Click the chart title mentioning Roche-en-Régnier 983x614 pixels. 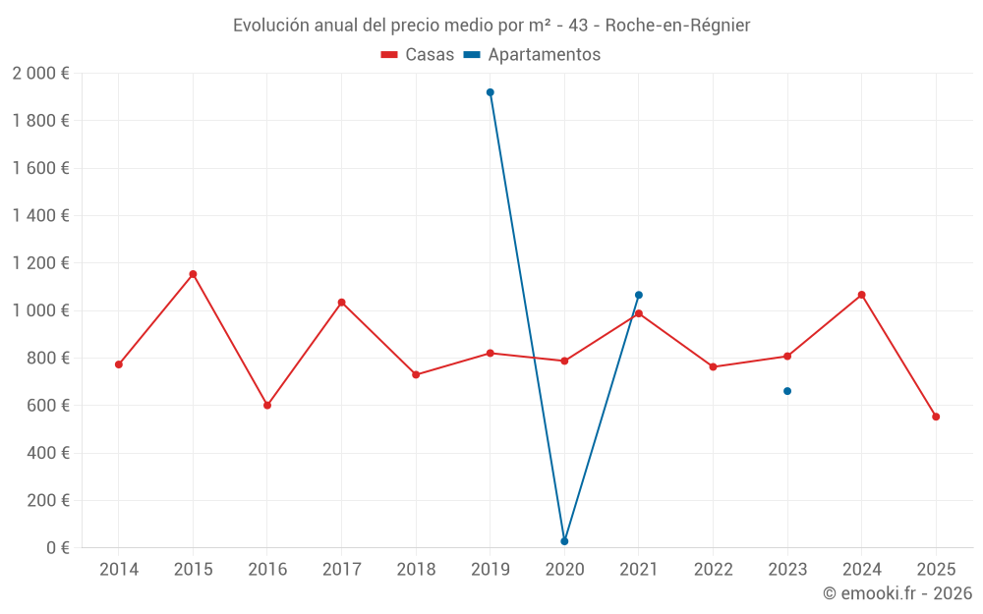pyautogui.click(x=491, y=26)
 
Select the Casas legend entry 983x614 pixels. pyautogui.click(x=418, y=55)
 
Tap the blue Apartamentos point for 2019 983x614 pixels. pyautogui.click(x=491, y=92)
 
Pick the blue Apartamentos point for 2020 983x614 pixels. pyautogui.click(x=564, y=541)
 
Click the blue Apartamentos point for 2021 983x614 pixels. pyautogui.click(x=639, y=295)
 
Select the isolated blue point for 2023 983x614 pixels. pyautogui.click(x=787, y=391)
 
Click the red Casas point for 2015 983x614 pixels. pyautogui.click(x=193, y=274)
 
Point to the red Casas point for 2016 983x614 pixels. pyautogui.click(x=267, y=405)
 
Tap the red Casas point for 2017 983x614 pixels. pyautogui.click(x=341, y=303)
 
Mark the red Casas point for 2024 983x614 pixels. pyautogui.click(x=861, y=295)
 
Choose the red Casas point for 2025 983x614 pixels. pyautogui.click(x=936, y=417)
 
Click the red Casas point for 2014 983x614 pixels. pyautogui.click(x=119, y=364)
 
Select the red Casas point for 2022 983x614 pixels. pyautogui.click(x=713, y=367)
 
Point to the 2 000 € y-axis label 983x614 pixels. pyautogui.click(x=40, y=74)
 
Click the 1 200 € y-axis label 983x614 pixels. pyautogui.click(x=40, y=263)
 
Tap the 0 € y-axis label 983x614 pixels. pyautogui.click(x=54, y=548)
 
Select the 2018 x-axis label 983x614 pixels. pyautogui.click(x=416, y=569)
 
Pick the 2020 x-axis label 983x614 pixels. pyautogui.click(x=564, y=569)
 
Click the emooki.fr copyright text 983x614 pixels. pyautogui.click(x=896, y=593)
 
